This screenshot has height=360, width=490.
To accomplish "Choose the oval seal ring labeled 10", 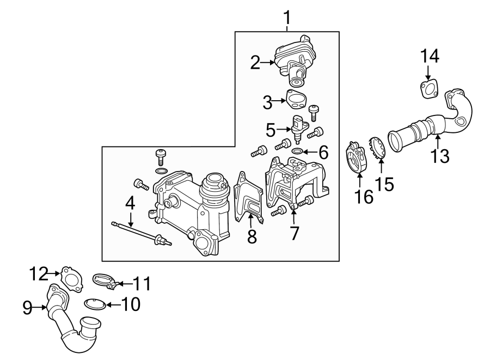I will click(95, 303).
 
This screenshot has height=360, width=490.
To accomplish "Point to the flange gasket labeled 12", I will click(71, 276).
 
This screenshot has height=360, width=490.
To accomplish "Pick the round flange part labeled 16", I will click(357, 158).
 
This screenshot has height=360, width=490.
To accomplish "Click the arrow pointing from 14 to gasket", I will click(428, 72).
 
